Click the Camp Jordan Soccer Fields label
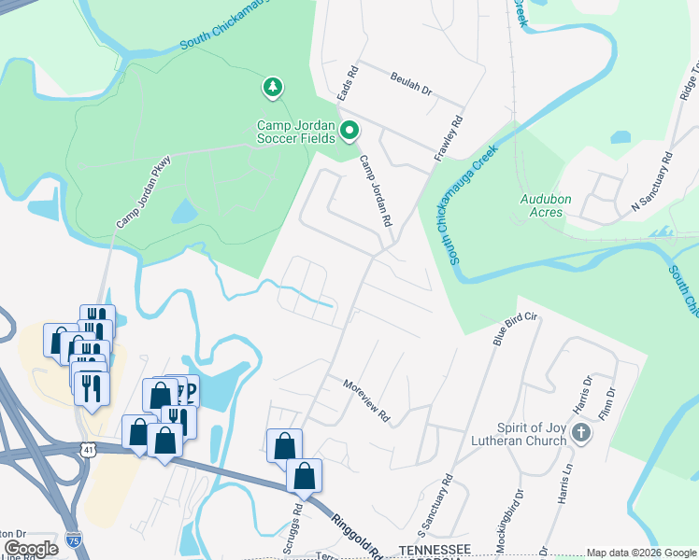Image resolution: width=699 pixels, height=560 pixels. coord(296,132)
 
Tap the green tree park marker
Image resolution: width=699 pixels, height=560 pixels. coord(272,88)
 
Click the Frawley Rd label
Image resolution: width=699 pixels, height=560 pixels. coord(449,137)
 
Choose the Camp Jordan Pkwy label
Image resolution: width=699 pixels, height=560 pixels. coord(145,191)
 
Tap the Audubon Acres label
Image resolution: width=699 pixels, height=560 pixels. coord(541,205)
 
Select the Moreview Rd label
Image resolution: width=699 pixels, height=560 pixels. coord(365,400)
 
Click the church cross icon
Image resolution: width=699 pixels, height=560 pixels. coord(581,432)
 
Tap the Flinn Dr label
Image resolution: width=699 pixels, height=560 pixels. coord(611,398)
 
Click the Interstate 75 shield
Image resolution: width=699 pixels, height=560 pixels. coord(75,539)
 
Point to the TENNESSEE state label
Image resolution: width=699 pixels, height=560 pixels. coord(435,551)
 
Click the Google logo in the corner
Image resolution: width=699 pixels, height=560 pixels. coord(32,548)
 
